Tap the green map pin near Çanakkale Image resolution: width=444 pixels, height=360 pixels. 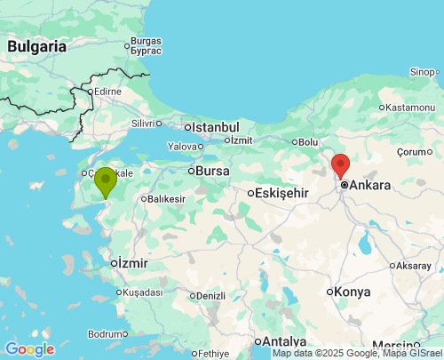coord(106,181)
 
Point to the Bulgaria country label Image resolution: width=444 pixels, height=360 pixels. coord(36,45)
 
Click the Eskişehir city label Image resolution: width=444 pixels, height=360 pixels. coord(281,192)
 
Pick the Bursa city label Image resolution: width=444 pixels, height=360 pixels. coord(211,170)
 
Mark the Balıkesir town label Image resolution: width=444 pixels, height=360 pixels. coord(166,199)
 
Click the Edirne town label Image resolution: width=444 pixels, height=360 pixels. coord(107,91)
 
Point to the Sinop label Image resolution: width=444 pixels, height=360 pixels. coord(423,72)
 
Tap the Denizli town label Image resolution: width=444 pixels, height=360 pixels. coord(210,296)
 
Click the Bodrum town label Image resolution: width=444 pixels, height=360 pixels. coord(107,334)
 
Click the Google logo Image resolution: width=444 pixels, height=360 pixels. coord(29,349)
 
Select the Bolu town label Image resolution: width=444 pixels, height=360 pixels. coord(307,142)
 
